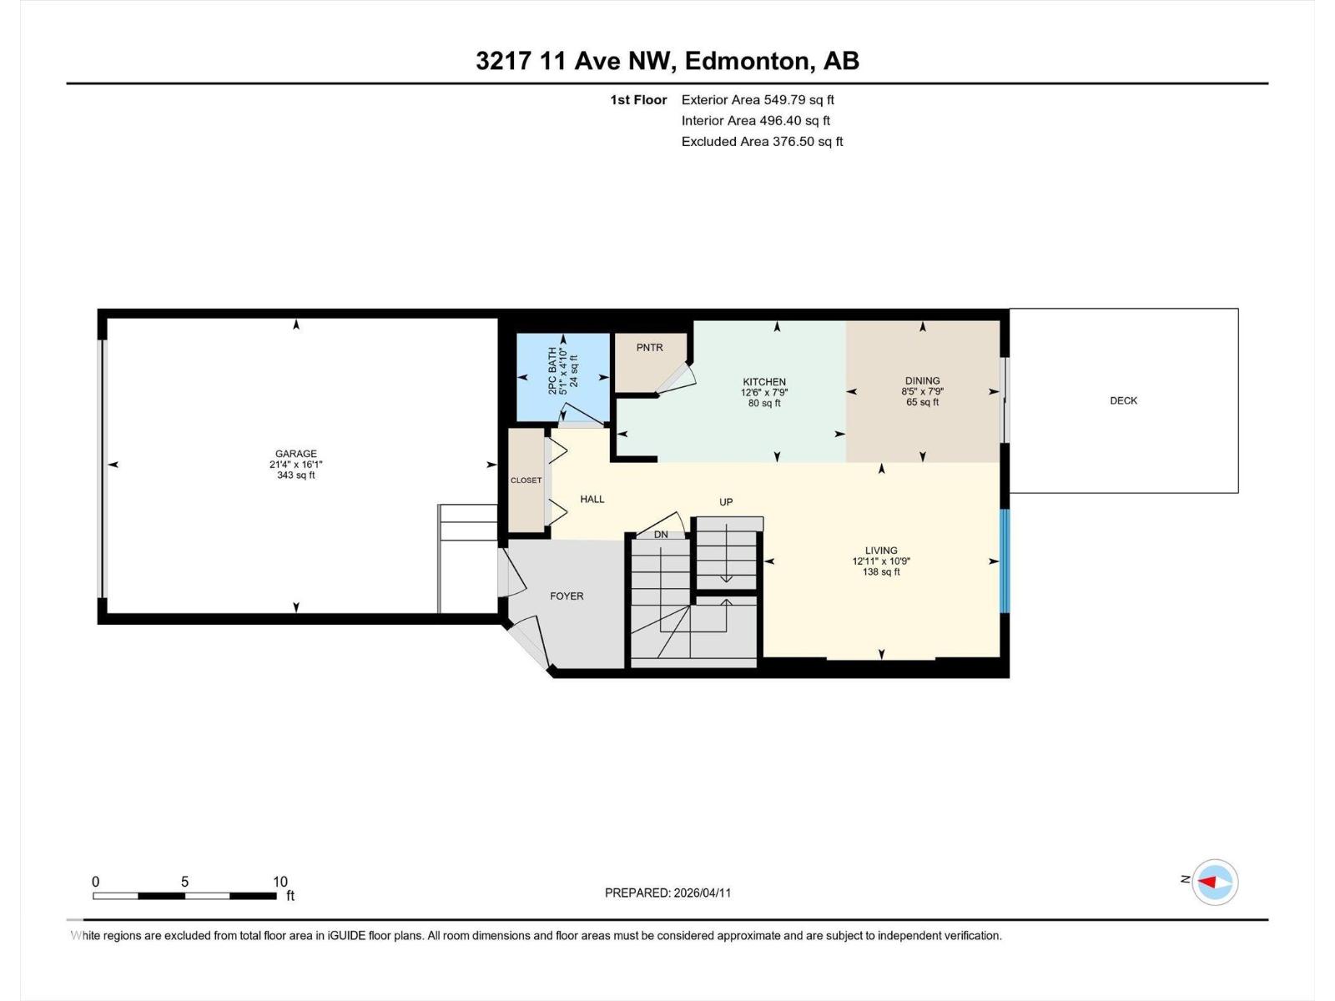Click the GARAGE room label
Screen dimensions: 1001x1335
click(295, 455)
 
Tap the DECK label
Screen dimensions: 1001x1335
click(1123, 400)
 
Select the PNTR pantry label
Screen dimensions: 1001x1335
click(649, 347)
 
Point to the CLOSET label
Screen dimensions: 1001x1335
click(526, 480)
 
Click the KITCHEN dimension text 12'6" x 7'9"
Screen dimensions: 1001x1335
click(764, 392)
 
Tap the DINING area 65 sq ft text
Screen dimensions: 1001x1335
click(922, 402)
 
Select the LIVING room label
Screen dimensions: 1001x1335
click(881, 551)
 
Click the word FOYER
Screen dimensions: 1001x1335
click(567, 596)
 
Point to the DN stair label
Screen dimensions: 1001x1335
click(661, 535)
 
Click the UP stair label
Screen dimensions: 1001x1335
click(726, 502)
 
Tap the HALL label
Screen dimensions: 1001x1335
click(592, 499)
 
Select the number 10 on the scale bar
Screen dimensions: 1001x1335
click(280, 882)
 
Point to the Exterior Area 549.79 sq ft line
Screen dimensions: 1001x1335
click(758, 99)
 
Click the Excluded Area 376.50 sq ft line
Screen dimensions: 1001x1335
click(762, 141)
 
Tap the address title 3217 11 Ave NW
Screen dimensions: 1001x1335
click(576, 61)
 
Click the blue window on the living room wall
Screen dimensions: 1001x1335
click(1005, 561)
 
